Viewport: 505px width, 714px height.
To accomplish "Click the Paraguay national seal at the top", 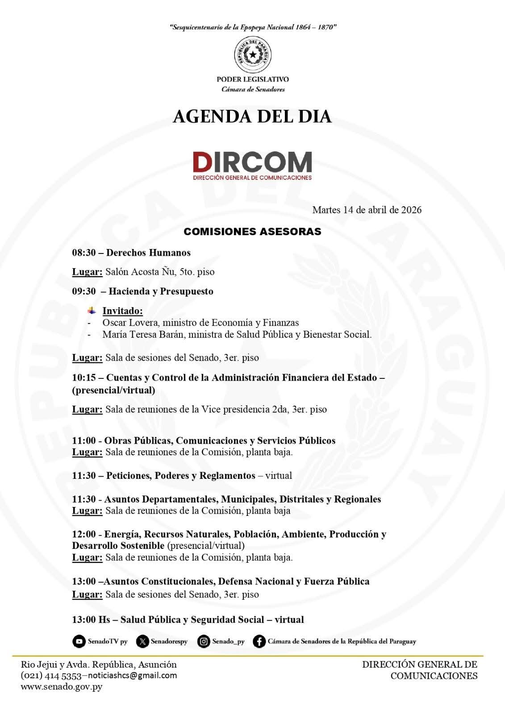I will pyautogui.click(x=253, y=55).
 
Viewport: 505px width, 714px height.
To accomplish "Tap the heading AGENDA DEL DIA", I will pyautogui.click(x=252, y=116).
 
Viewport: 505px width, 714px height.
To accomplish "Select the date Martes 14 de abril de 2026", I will pyautogui.click(x=367, y=210).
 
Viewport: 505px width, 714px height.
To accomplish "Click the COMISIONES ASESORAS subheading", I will pyautogui.click(x=252, y=232).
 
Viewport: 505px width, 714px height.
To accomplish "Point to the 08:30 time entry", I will pyautogui.click(x=84, y=253).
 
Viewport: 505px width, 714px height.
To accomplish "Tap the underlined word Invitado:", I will pyautogui.click(x=122, y=311).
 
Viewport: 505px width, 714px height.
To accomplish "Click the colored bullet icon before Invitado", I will pyautogui.click(x=92, y=310).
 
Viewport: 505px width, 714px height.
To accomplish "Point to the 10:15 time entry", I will pyautogui.click(x=84, y=378).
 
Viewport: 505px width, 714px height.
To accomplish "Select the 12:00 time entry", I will pyautogui.click(x=84, y=534).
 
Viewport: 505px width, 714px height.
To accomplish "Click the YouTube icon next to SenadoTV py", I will pyautogui.click(x=79, y=641).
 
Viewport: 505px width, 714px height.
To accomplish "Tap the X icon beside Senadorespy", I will pyautogui.click(x=142, y=641).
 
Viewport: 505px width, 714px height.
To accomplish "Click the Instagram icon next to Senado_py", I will pyautogui.click(x=204, y=641).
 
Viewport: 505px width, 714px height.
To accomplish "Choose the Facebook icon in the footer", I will pyautogui.click(x=259, y=641).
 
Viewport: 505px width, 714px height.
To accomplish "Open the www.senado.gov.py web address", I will pyautogui.click(x=61, y=686).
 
